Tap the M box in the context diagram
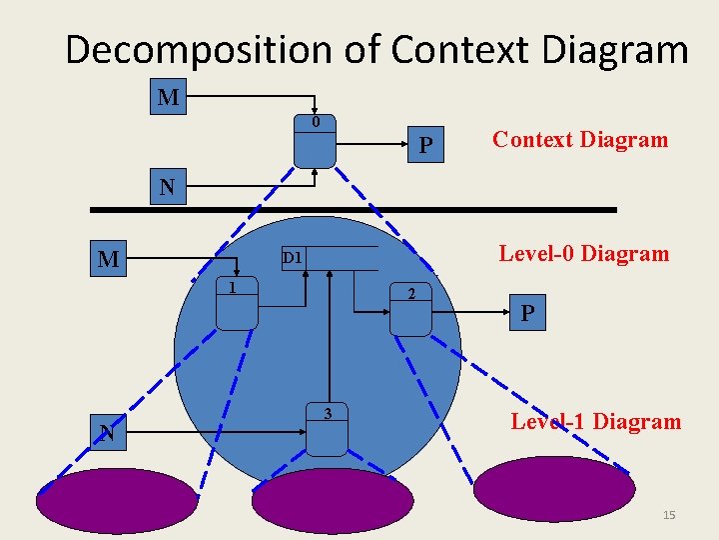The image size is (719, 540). [169, 97]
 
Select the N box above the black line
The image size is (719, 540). [167, 187]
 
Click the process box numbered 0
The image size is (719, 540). [315, 142]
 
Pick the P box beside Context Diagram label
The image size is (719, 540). [426, 146]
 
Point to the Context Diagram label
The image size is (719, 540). [580, 139]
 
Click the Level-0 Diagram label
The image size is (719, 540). [584, 253]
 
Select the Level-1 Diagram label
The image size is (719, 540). [595, 421]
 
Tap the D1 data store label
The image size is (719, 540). [293, 258]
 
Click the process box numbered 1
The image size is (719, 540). [238, 305]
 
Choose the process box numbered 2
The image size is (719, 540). [410, 312]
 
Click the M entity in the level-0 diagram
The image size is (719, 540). [109, 261]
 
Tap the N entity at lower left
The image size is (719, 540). [107, 433]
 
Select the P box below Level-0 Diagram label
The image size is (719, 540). [527, 313]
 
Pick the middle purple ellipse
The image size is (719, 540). [332, 501]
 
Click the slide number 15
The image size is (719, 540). [669, 514]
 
